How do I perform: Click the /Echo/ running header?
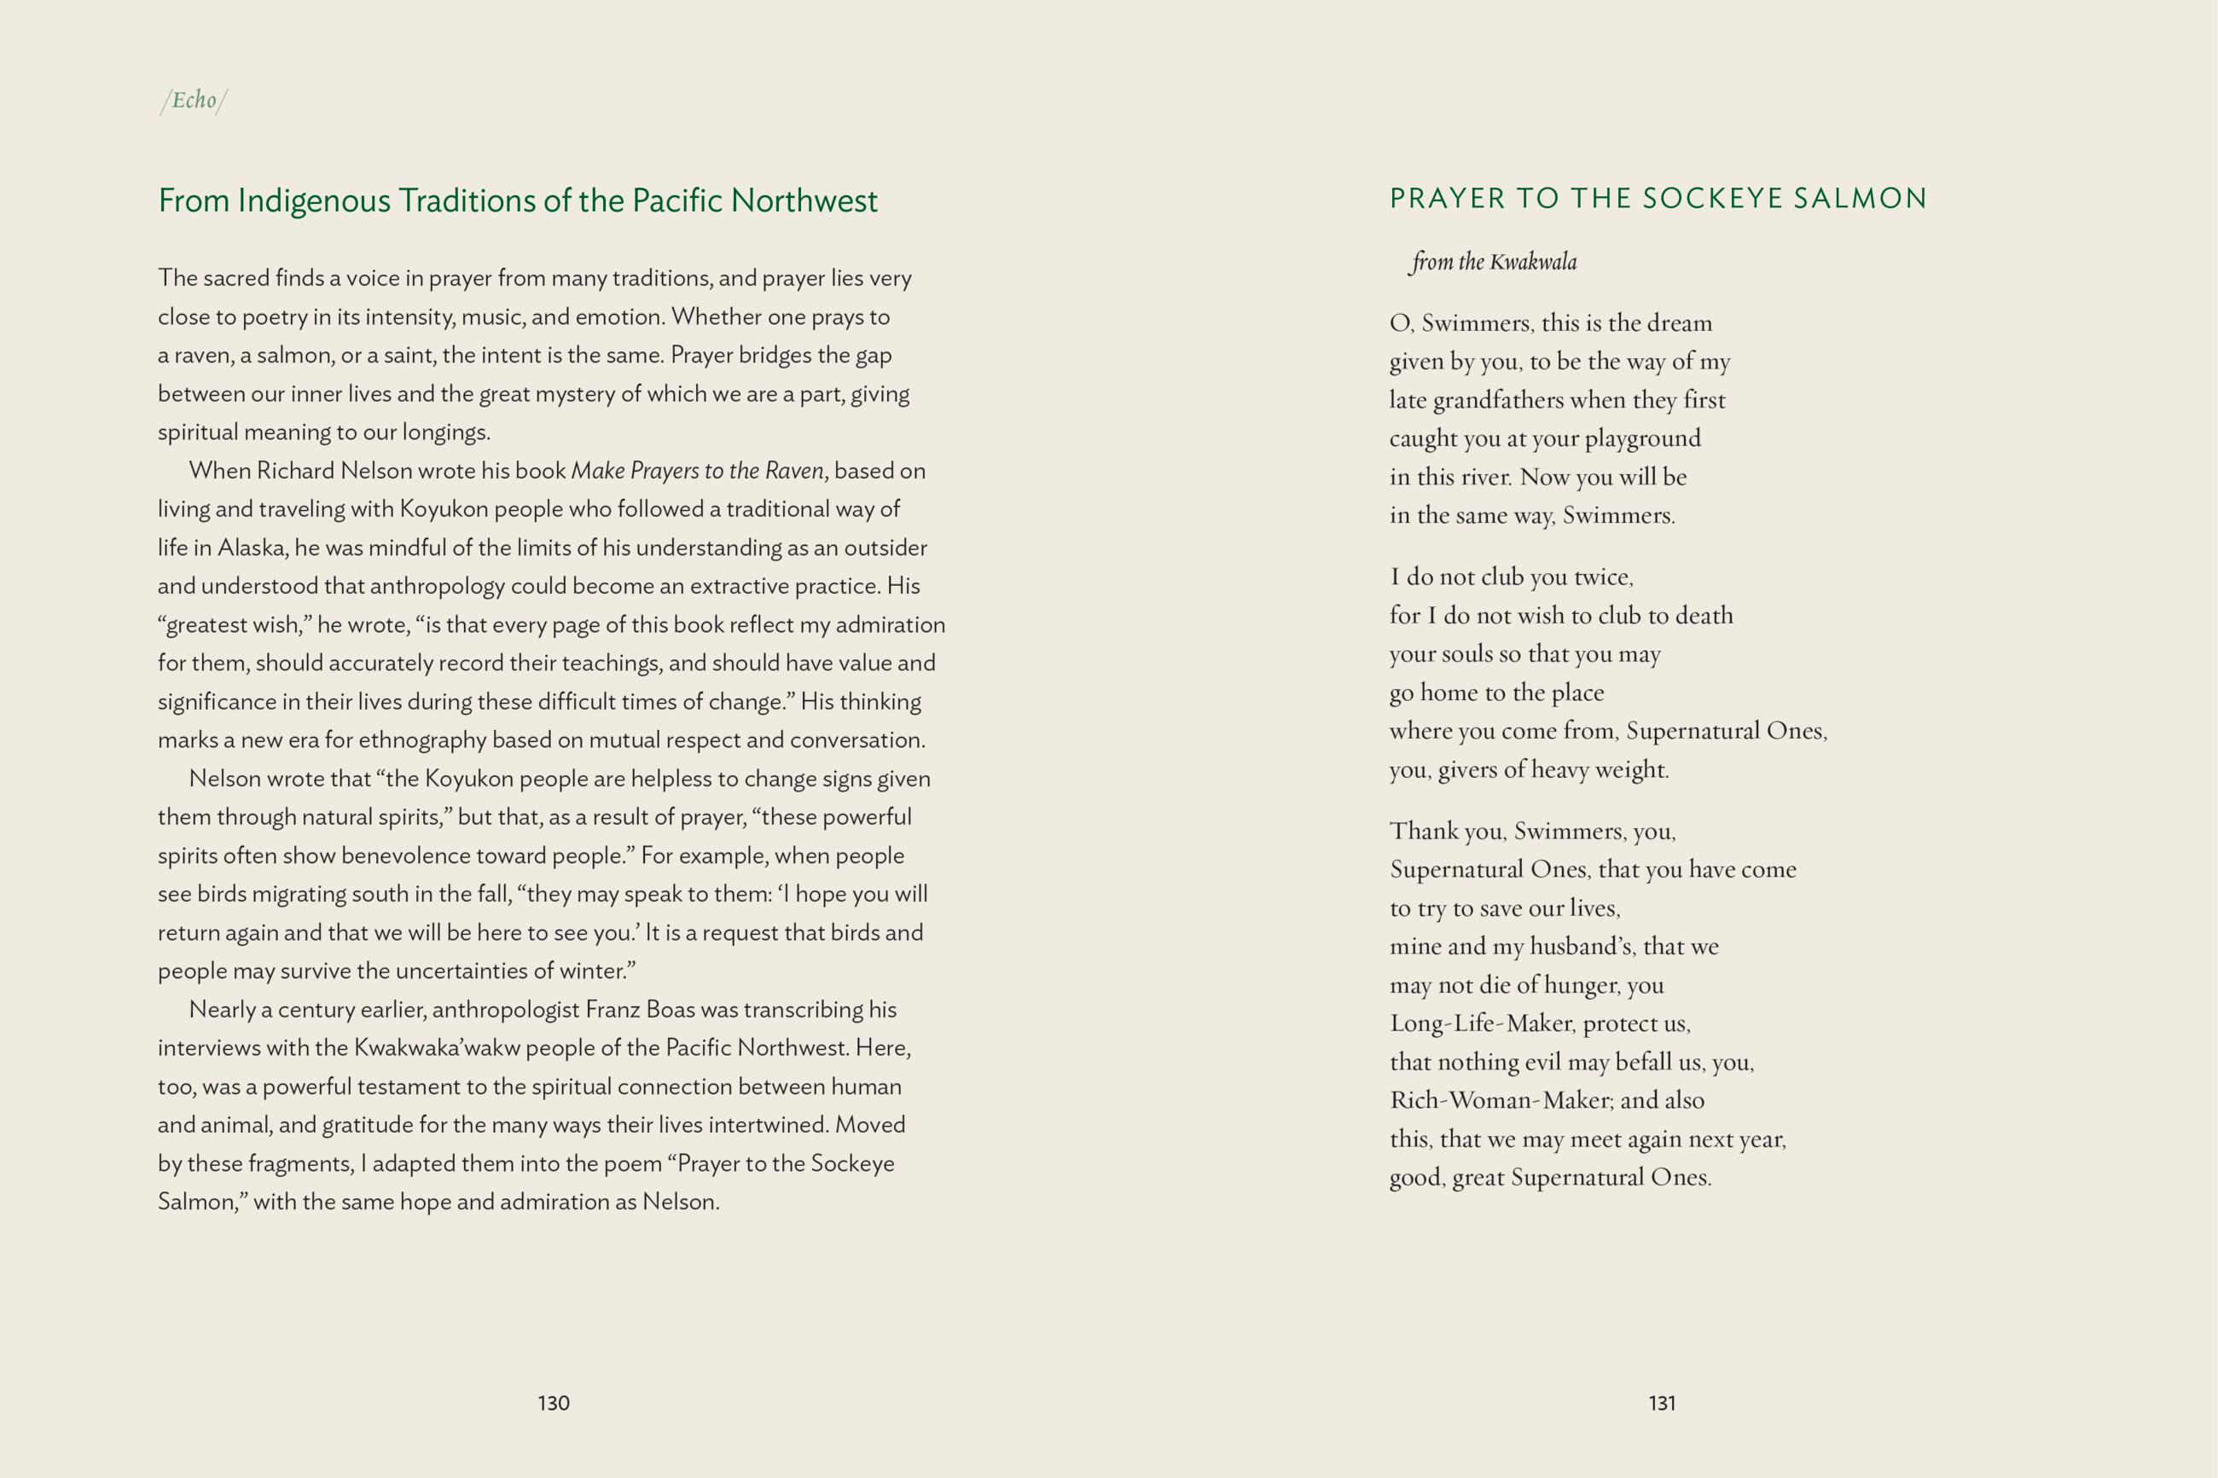194,100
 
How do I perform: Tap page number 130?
554,1403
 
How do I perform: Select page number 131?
1662,1403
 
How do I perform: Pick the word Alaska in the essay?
252,548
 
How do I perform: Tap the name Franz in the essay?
613,1010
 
